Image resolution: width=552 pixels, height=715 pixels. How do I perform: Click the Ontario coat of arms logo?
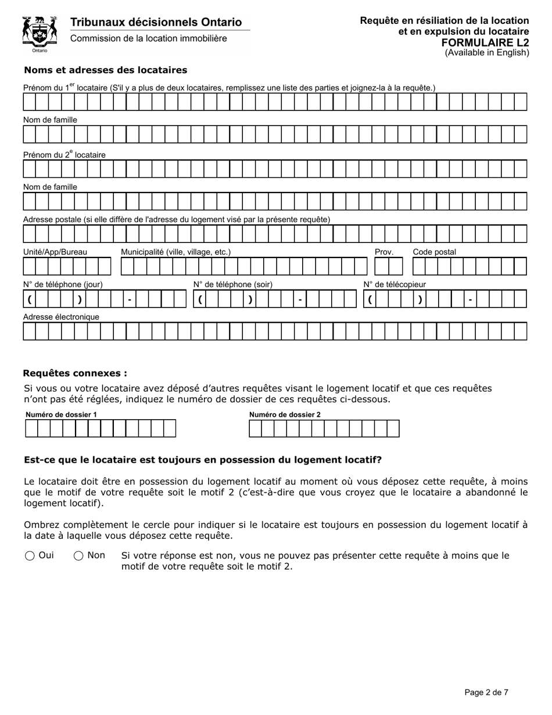[x=40, y=34]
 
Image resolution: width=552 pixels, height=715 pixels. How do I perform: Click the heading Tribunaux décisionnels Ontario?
[x=156, y=22]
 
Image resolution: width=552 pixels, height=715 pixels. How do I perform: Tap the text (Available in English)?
[x=487, y=53]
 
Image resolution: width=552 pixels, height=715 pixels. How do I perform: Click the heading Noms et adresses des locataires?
[x=105, y=70]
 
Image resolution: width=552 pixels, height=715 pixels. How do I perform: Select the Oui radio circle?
[x=30, y=556]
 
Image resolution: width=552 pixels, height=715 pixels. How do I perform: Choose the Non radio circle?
[x=78, y=556]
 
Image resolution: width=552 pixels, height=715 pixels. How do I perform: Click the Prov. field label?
[x=384, y=252]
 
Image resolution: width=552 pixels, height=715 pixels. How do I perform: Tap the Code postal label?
[x=434, y=252]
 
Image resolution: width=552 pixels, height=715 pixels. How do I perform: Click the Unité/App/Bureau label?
[x=55, y=252]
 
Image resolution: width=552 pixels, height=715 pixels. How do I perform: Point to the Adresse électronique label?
[x=61, y=317]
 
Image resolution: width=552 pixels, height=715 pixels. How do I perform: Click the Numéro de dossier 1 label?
[x=61, y=414]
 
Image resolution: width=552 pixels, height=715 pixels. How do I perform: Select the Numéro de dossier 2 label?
[x=285, y=414]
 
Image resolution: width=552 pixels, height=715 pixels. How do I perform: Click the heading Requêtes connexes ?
[x=75, y=373]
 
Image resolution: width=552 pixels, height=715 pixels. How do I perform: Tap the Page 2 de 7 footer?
[x=486, y=692]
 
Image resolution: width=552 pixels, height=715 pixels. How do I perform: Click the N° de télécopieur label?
[x=395, y=284]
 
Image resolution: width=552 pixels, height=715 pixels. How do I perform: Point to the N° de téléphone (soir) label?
[x=232, y=284]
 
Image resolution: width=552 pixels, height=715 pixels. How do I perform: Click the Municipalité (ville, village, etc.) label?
[x=175, y=252]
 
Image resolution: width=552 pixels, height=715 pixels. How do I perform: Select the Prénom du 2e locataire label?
[x=64, y=155]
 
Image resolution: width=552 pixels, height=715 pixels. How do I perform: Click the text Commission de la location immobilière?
[x=149, y=38]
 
